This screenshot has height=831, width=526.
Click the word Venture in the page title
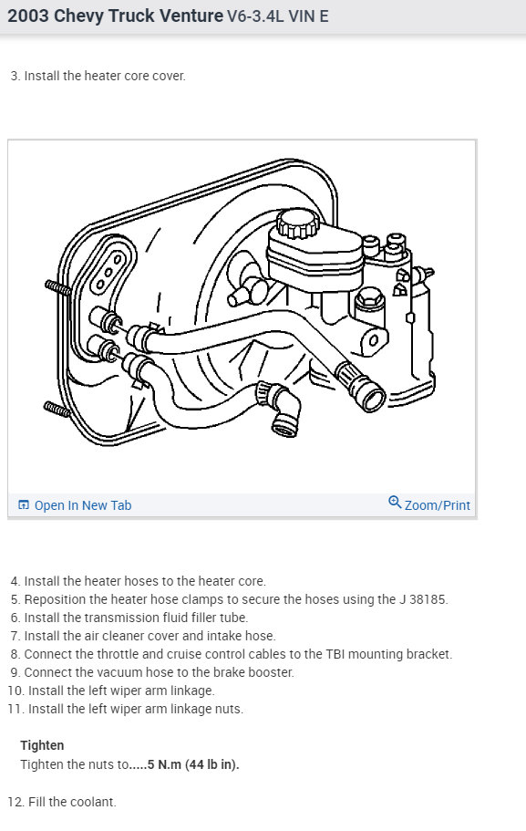tap(188, 16)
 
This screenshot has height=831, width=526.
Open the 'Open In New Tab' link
tap(83, 505)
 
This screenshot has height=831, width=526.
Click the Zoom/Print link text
tap(438, 505)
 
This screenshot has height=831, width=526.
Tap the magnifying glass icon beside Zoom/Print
tap(395, 503)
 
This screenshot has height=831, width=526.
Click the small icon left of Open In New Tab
tap(24, 505)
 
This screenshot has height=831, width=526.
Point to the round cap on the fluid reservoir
tap(297, 221)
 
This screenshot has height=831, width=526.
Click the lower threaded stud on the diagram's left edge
tap(57, 410)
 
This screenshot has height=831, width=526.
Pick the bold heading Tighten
tap(42, 745)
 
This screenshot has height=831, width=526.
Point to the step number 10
tap(15, 691)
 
